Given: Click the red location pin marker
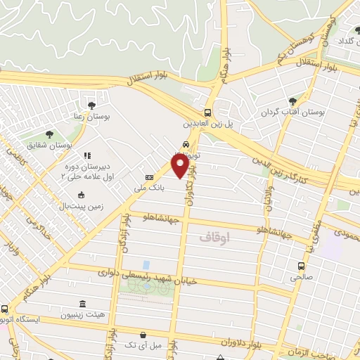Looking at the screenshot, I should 181,165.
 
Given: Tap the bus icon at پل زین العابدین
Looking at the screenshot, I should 207,112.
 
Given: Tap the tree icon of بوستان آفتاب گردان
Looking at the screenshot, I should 292,101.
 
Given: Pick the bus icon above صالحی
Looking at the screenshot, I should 301,266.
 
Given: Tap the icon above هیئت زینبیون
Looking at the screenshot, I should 83,304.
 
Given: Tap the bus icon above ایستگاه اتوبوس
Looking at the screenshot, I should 4,309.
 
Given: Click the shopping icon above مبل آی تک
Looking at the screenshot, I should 143,335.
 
